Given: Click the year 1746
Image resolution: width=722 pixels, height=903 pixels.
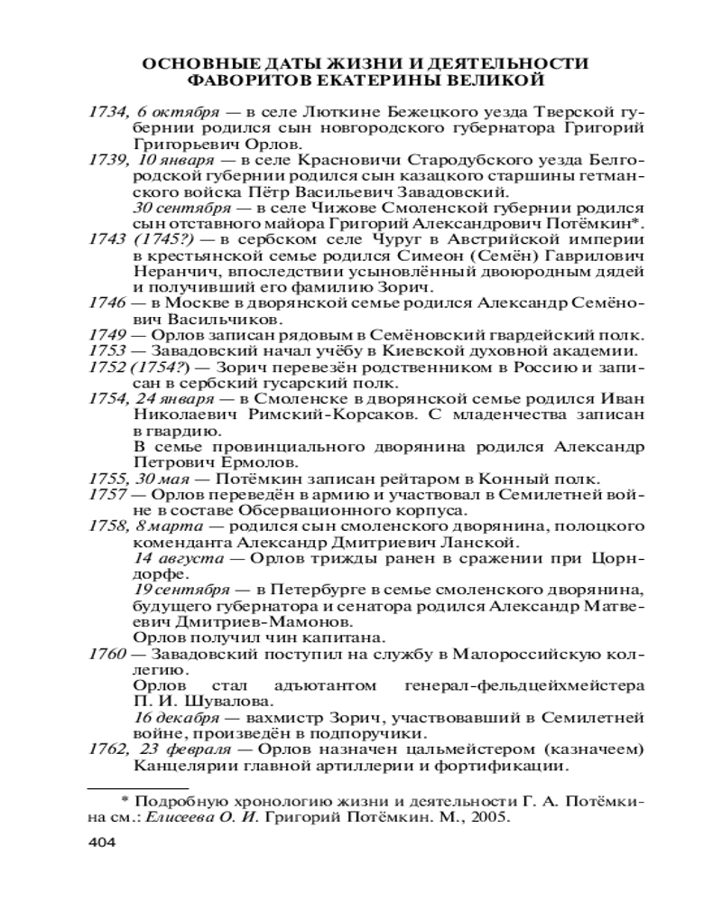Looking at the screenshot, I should click(x=106, y=303).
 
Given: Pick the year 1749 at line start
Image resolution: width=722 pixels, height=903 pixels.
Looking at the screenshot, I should click(x=106, y=334).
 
